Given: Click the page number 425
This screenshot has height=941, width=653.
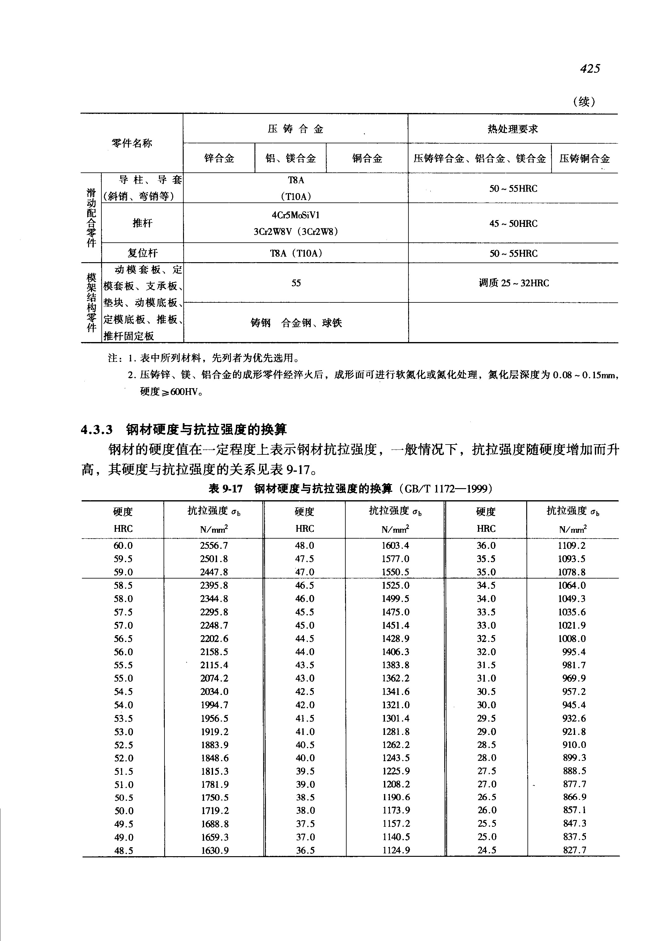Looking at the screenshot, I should pos(590,68).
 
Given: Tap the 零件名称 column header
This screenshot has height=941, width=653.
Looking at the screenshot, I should pos(132,143).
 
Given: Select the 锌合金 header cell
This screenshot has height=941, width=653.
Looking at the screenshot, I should pos(219,158).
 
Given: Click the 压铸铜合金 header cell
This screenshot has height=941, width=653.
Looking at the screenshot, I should pos(584,158).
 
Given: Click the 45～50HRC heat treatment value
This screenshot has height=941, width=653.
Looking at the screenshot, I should pos(513,223).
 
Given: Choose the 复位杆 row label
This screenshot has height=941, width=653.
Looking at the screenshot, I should pos(143,253).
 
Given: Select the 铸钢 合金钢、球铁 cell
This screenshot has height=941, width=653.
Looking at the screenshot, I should pos(296,323).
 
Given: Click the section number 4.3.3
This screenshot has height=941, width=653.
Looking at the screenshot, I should pos(97,430).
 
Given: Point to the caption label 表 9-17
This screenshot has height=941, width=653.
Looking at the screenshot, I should pos(225,488).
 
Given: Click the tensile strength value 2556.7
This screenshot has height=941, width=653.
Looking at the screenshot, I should pos(214,546).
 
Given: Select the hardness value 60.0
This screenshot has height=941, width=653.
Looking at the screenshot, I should pos(123,546).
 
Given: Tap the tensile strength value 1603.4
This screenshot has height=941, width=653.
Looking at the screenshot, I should pos(395,546).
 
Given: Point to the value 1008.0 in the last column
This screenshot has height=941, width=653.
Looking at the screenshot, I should pos(572,639).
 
